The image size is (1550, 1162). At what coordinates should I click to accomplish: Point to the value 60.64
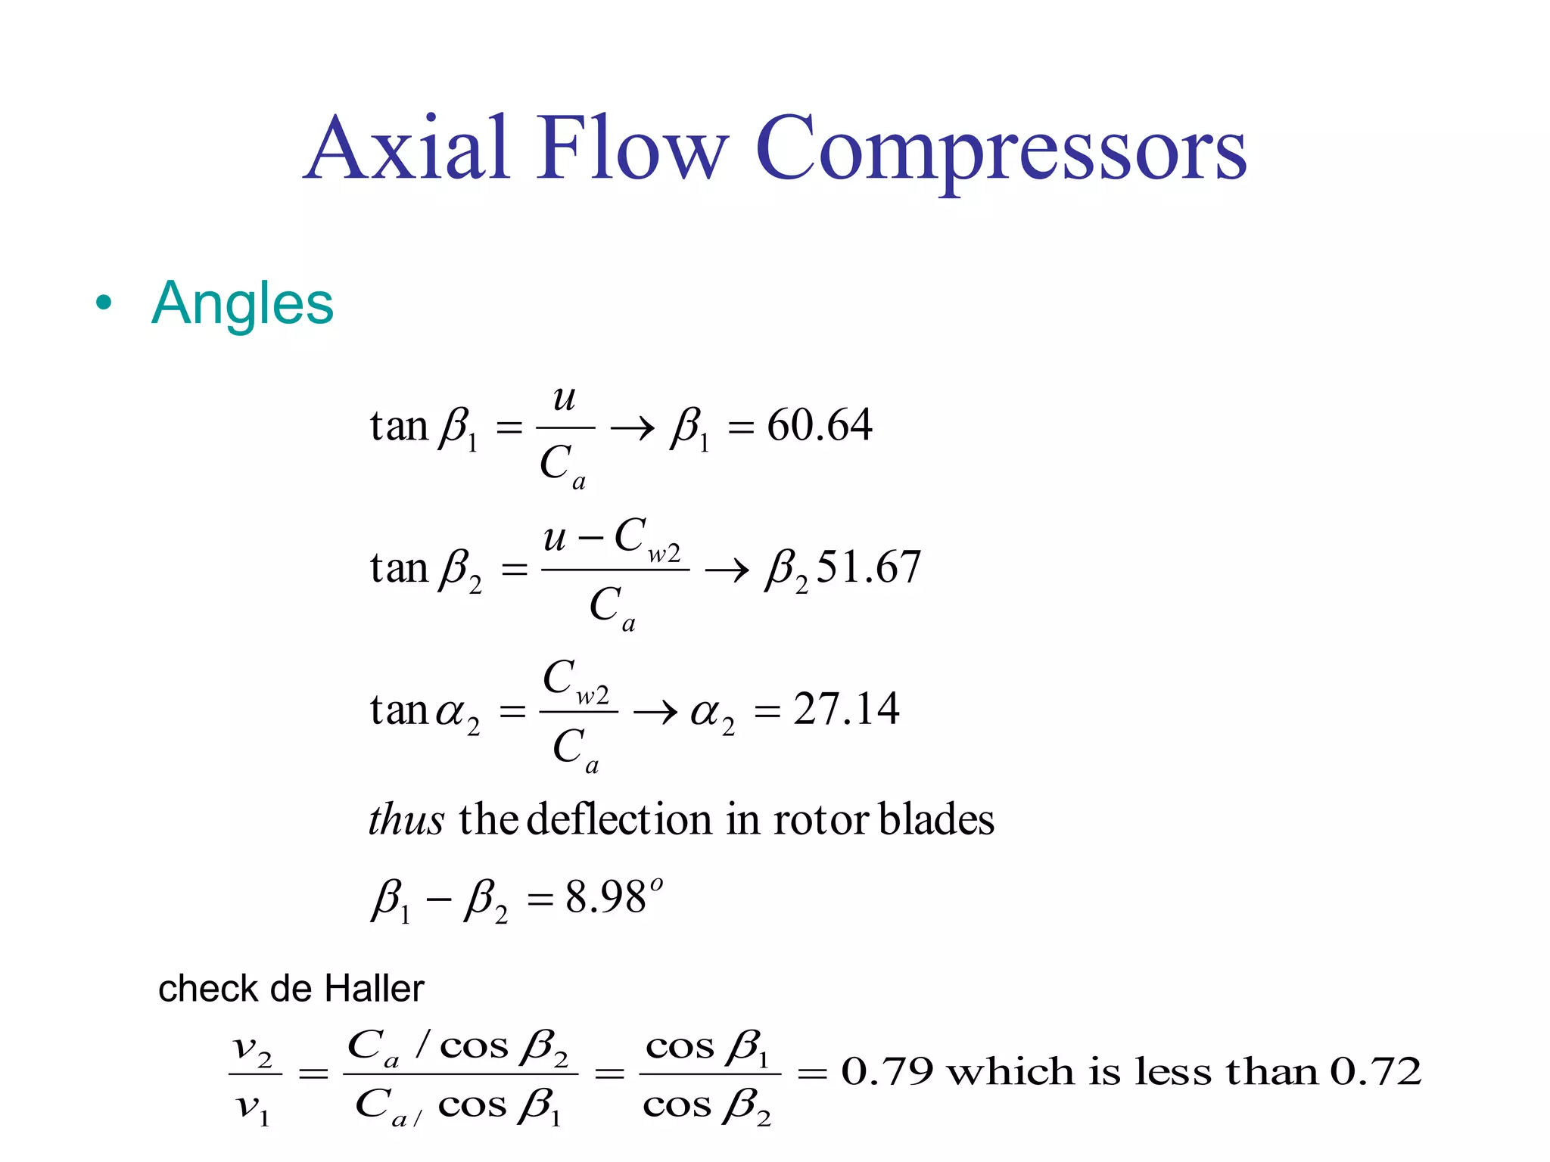pos(820,425)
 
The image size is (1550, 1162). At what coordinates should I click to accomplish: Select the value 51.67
pos(869,567)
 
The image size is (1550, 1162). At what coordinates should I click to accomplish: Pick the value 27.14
pos(846,710)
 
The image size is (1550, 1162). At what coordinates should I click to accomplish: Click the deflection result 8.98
pos(605,899)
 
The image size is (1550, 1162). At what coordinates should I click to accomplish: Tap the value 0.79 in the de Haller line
pos(887,1072)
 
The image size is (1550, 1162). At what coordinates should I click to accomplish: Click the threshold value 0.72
pos(1376,1072)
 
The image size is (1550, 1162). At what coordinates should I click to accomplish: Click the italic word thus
pos(406,820)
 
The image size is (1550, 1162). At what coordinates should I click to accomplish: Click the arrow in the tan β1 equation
pos(633,429)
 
